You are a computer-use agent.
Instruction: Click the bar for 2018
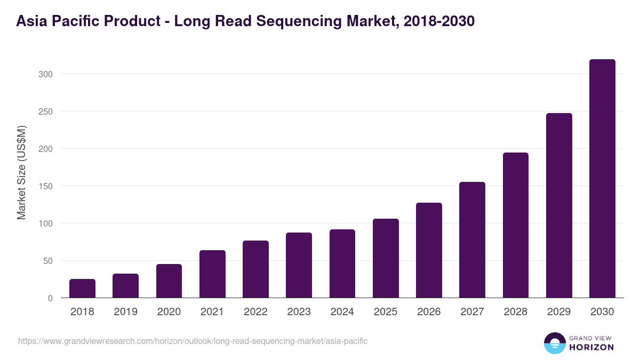(x=82, y=289)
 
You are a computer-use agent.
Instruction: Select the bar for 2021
(x=212, y=274)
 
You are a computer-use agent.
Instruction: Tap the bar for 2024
(x=342, y=263)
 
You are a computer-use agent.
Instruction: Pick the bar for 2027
(x=472, y=240)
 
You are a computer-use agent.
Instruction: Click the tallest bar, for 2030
(x=602, y=179)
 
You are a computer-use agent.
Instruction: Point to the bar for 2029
(x=559, y=205)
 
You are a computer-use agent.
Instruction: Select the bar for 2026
(x=429, y=250)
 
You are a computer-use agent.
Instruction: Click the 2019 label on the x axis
(x=125, y=312)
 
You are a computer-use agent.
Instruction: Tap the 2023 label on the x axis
(x=299, y=312)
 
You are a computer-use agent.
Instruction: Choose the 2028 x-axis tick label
(x=516, y=312)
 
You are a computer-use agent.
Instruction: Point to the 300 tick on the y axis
(x=46, y=74)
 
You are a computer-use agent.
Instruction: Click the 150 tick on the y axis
(x=46, y=186)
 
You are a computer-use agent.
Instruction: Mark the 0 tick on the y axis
(x=50, y=298)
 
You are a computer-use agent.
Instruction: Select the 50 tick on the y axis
(x=48, y=261)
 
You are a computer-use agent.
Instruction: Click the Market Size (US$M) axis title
(x=21, y=172)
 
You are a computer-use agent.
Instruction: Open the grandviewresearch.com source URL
(x=193, y=341)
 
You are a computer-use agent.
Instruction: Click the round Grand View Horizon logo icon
(x=554, y=343)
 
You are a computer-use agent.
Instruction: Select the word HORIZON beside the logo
(x=591, y=347)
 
